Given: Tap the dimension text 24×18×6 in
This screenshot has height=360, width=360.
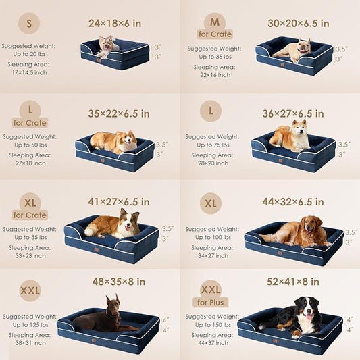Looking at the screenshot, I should (115, 23).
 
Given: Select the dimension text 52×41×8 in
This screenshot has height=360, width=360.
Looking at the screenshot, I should (292, 281).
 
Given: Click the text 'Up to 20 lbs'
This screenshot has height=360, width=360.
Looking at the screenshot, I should (28, 54).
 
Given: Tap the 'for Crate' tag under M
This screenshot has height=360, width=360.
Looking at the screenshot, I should (215, 34).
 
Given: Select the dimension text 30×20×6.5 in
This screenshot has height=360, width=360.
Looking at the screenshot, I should (298, 23).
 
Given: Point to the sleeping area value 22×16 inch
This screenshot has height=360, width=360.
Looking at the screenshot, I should (209, 74).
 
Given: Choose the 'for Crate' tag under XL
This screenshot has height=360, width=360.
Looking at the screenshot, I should (29, 215).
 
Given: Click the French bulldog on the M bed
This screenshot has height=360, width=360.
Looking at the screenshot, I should (294, 50).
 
